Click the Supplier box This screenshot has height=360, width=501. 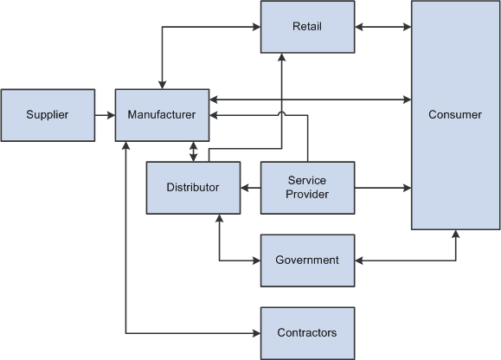(x=48, y=114)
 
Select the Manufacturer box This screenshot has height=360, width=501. (x=162, y=114)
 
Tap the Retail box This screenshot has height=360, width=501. (x=307, y=27)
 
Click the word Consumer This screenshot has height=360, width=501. (x=455, y=114)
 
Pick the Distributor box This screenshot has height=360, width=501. (x=193, y=187)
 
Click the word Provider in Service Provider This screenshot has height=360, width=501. (x=307, y=194)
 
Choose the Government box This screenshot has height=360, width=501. (x=307, y=260)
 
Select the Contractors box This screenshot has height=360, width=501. (x=307, y=333)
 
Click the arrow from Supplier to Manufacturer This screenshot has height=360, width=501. (x=105, y=114)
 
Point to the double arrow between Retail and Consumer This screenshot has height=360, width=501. (x=382, y=27)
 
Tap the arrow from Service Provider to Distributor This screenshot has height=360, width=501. (x=250, y=187)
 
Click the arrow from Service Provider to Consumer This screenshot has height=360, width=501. (x=382, y=187)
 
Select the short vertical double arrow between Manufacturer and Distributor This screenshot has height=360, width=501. (x=193, y=151)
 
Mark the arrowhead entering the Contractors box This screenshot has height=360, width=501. (x=256, y=333)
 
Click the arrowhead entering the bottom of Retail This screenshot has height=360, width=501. (x=281, y=58)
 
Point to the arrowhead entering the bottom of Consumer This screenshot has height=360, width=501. (x=455, y=235)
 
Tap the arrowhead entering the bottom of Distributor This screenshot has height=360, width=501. (x=219, y=219)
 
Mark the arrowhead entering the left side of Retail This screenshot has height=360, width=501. (x=256, y=27)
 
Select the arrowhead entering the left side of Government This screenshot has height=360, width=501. (x=256, y=260)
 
